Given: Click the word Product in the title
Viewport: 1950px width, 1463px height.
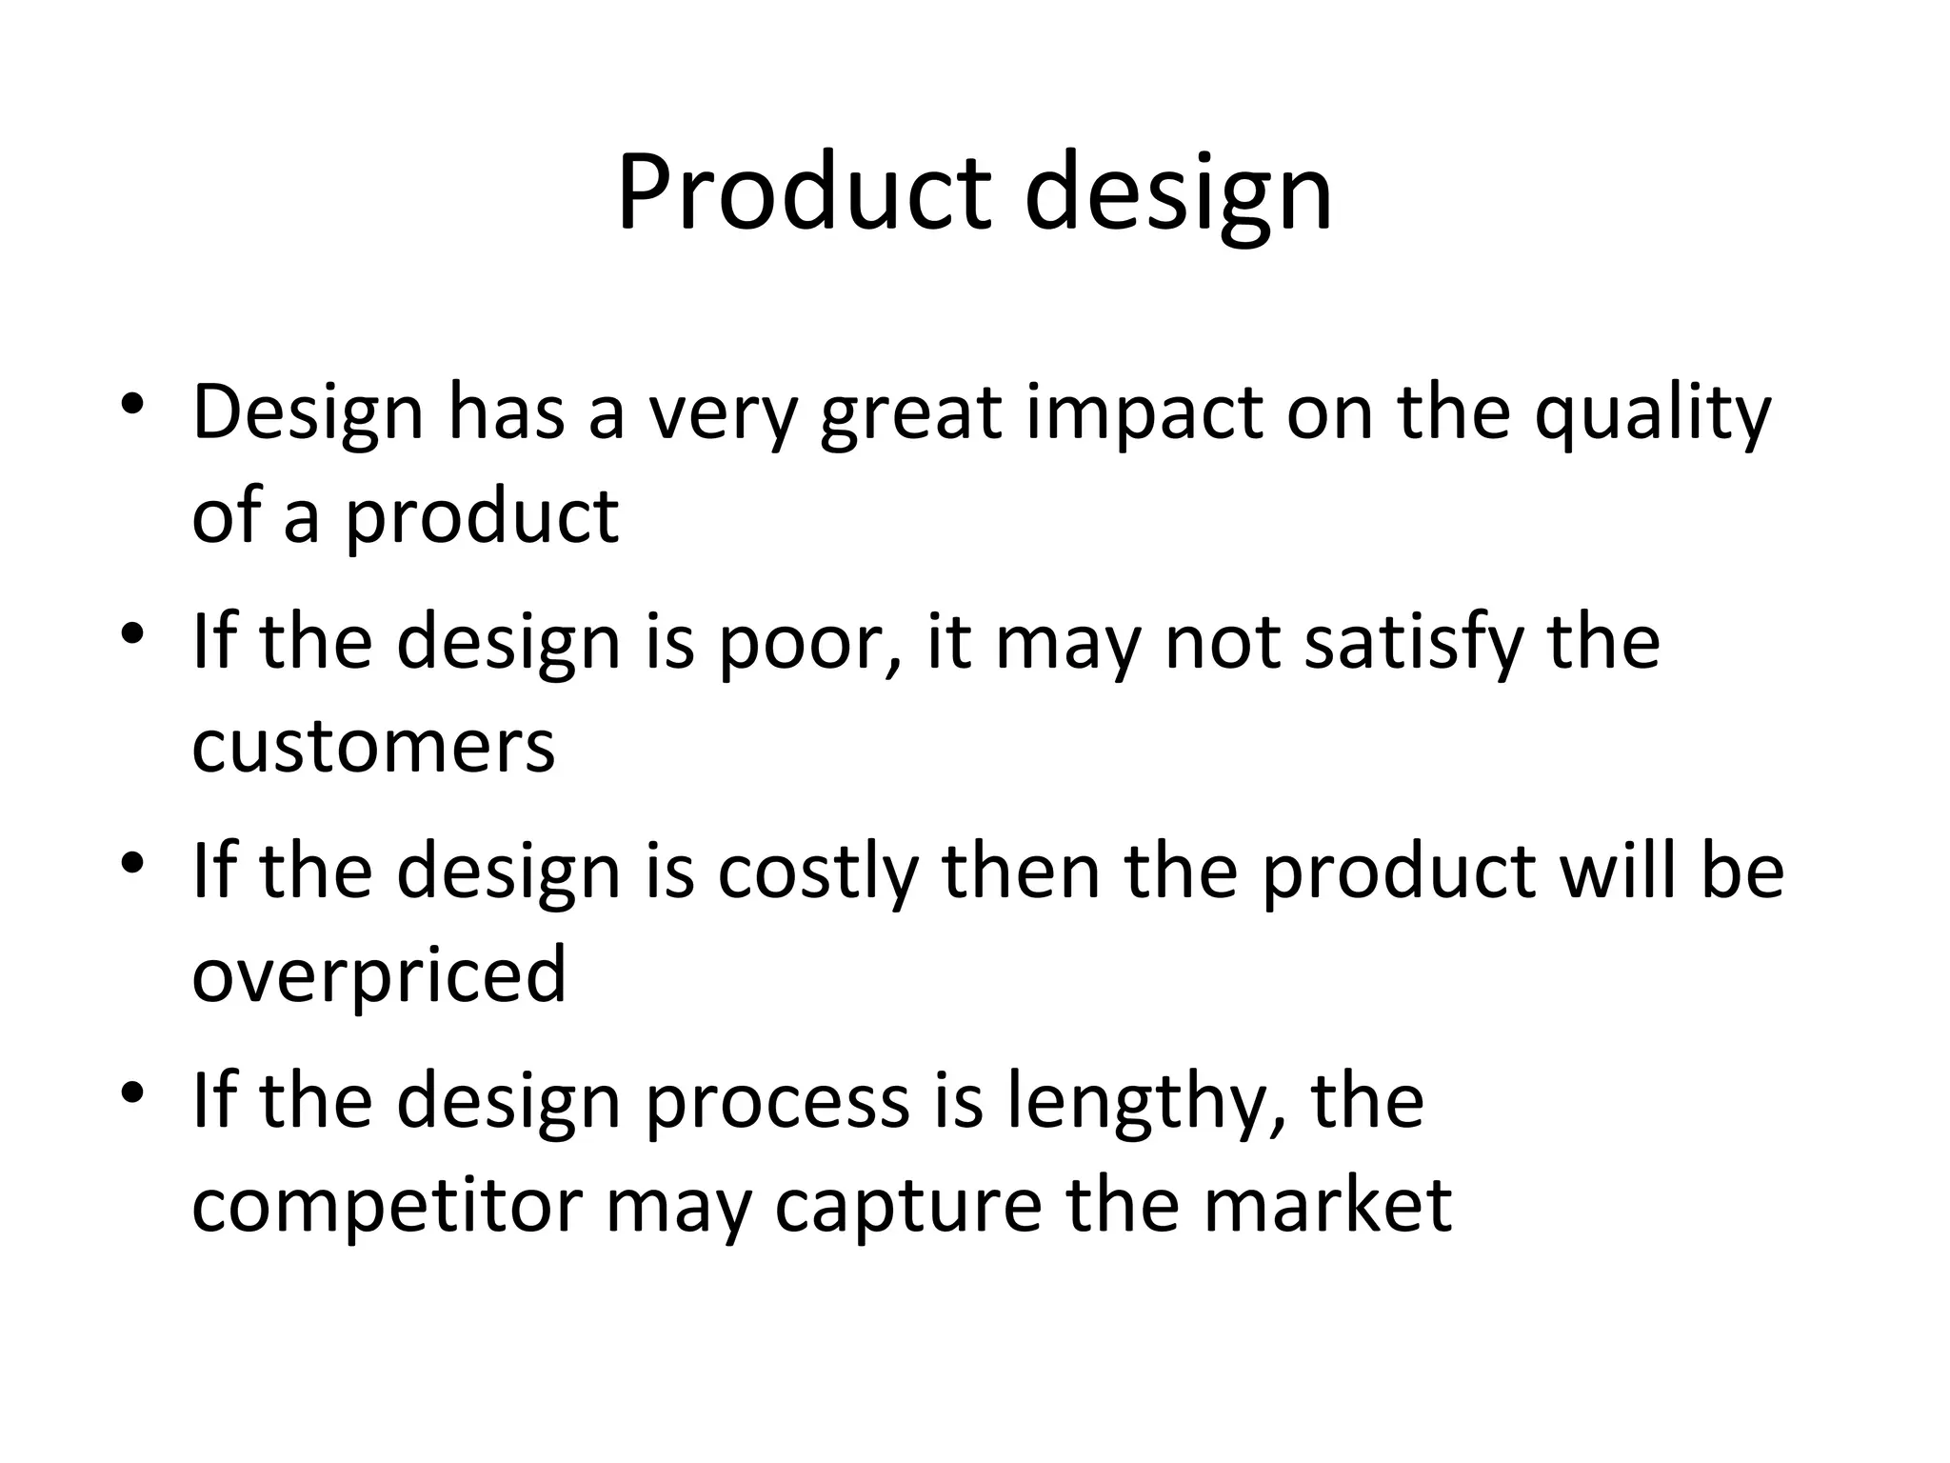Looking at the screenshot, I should tap(806, 192).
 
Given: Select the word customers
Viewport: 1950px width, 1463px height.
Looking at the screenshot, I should tap(373, 746).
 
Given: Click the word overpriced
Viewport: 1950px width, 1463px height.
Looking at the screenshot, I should tap(379, 975).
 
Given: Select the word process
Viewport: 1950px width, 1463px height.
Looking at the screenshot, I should tap(777, 1103).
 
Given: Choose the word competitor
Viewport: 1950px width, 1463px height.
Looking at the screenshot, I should tap(387, 1206).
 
